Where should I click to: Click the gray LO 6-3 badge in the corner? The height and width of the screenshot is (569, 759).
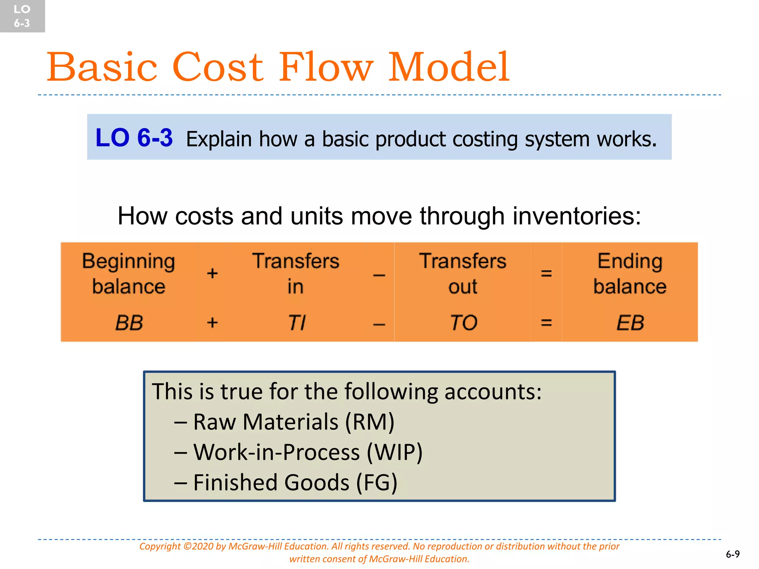22,16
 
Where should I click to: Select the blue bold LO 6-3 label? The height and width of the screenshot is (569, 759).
134,137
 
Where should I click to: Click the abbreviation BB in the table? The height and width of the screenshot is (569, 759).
129,323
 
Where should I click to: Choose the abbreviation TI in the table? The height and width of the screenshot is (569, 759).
296,323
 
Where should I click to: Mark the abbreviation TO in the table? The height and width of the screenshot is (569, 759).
463,323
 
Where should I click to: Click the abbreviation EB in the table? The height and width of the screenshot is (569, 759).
630,323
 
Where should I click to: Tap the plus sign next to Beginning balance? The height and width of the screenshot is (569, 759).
212,273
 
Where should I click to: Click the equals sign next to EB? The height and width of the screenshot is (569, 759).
546,323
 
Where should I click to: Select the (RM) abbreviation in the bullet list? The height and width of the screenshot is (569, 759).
369,422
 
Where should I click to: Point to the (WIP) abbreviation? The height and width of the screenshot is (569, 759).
394,452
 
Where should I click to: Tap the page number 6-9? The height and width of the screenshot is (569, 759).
732,554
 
